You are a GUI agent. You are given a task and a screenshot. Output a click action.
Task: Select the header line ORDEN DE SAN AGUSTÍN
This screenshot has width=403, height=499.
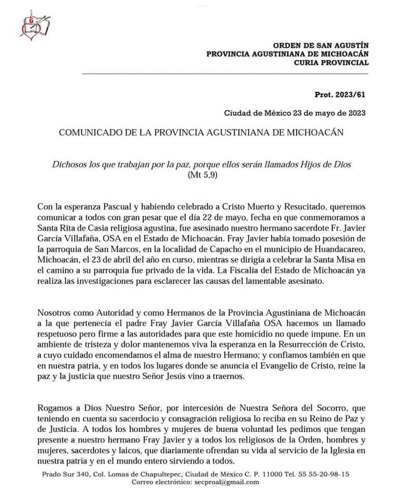320,45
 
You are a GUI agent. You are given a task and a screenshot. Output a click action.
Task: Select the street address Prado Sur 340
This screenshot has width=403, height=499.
59,474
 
